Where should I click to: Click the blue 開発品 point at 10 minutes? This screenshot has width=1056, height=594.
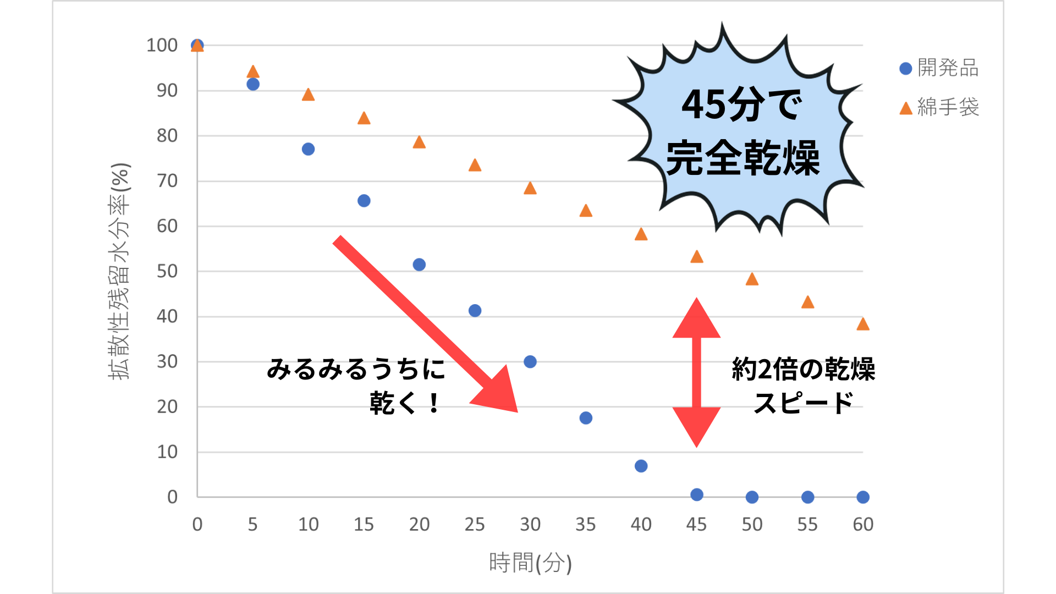click(308, 149)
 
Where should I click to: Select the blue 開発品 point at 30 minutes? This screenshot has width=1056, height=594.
click(530, 361)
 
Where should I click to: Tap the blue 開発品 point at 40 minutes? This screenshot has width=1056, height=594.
click(641, 466)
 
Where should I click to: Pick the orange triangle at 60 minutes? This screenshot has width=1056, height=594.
click(863, 324)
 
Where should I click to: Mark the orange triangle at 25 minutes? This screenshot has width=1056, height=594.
click(475, 166)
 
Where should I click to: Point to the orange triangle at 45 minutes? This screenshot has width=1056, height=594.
click(697, 257)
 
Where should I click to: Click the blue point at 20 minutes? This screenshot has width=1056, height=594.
click(419, 265)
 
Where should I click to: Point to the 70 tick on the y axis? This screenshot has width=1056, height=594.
click(167, 181)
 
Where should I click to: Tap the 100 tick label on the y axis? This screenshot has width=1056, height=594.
click(162, 45)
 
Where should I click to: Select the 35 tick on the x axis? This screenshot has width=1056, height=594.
click(586, 524)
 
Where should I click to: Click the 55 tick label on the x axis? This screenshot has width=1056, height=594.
click(807, 524)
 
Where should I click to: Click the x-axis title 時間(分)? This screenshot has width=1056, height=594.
click(530, 563)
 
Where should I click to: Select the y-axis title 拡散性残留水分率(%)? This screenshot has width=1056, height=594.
click(119, 271)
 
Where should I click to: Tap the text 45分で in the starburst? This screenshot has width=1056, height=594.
click(741, 105)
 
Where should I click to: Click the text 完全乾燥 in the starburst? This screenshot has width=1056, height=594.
click(743, 158)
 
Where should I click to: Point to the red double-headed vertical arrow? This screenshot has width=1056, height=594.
click(696, 372)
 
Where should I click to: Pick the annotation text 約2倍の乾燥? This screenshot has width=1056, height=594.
click(803, 369)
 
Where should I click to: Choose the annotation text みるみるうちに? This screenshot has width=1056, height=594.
click(356, 369)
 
